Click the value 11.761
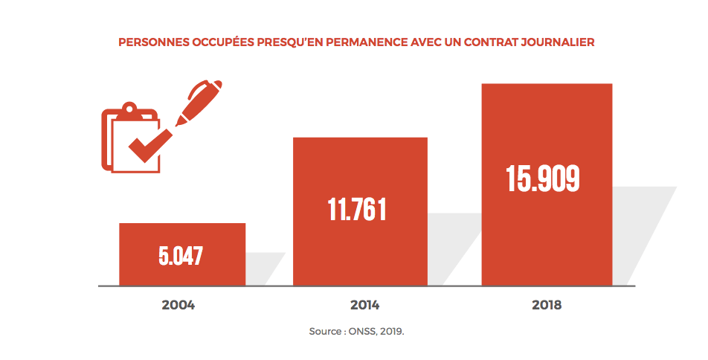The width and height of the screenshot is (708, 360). coord(357,210)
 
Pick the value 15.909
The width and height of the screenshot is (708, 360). coord(543,179)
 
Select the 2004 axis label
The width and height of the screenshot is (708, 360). coord(178,305)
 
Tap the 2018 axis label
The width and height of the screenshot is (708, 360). coord(547,305)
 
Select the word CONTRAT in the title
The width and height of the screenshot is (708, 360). coord(494,42)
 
